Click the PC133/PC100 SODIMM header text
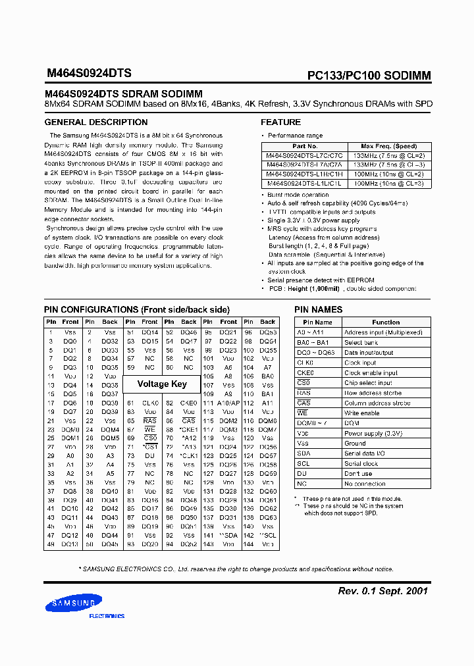pos(369,76)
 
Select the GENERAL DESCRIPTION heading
pos(95,122)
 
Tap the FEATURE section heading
pos(280,122)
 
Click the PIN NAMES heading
pos(318,309)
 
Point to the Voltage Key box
pos(162,384)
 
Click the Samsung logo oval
pos(69,604)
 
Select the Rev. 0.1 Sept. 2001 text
pos(382,591)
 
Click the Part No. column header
pos(305,146)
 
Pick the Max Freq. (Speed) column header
pos(388,146)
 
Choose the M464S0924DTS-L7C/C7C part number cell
pos(305,155)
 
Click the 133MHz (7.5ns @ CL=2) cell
pos(388,155)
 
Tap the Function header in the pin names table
pos(386,322)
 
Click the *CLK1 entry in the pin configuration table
pos(189,455)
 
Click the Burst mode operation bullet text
pos(298,195)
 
